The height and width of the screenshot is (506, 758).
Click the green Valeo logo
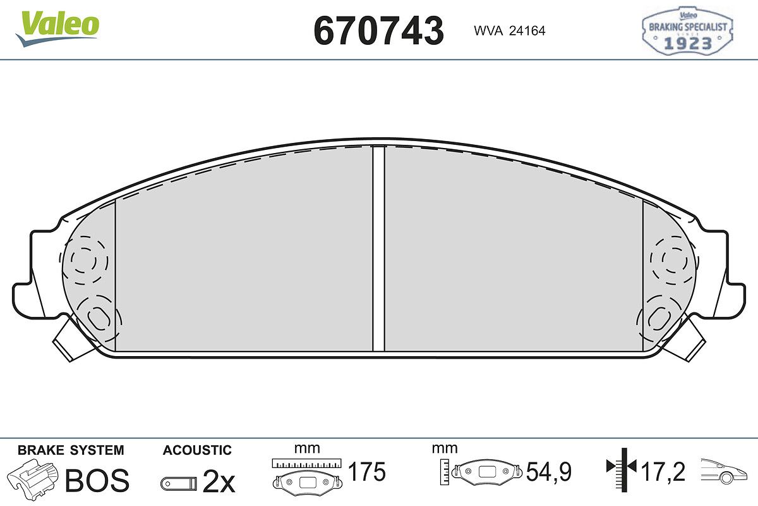pos(57,28)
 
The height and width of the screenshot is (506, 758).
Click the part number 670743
pos(378,31)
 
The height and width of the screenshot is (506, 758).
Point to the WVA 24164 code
pos(510,31)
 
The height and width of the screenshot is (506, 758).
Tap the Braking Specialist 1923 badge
pos(687,30)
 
